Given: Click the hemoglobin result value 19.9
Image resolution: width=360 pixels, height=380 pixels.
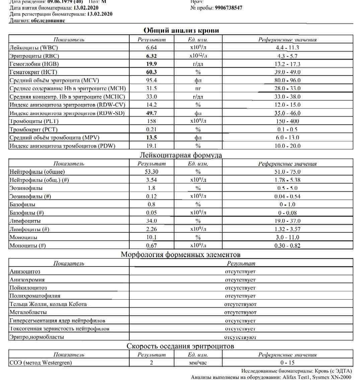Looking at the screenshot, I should (x=151, y=64).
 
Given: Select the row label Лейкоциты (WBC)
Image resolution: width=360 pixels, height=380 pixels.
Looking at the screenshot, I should (x=31, y=48).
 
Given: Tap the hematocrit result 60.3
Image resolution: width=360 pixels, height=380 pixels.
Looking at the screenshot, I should (x=151, y=72).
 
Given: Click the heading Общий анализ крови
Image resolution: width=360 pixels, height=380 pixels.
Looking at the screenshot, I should (x=181, y=30).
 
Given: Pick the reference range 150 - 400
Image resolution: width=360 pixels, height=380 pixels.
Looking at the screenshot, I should (x=288, y=121).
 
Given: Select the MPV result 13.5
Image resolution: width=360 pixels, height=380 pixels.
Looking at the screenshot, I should (x=151, y=137).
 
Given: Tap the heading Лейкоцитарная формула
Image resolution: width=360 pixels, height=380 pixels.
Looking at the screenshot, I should (x=181, y=155).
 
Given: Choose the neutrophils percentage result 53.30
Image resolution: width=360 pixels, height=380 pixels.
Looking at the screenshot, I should (x=151, y=172).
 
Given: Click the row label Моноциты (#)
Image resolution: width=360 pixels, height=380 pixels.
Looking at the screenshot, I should (x=27, y=246).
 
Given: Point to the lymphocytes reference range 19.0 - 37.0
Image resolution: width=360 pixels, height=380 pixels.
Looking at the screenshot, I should (x=288, y=221).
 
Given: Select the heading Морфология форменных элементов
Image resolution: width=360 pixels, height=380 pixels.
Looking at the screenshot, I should (x=181, y=255).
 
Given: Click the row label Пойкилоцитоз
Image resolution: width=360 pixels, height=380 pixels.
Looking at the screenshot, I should (x=28, y=288).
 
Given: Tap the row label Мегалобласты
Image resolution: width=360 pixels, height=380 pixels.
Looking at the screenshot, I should (x=28, y=312).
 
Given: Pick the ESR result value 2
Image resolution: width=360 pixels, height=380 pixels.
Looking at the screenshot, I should (x=151, y=363).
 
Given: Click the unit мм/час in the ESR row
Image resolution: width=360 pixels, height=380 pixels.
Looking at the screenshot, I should (x=198, y=363).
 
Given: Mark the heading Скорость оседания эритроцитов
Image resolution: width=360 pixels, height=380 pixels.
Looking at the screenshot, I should (x=181, y=346).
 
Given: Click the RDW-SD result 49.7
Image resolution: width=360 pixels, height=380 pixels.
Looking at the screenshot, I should (x=151, y=113).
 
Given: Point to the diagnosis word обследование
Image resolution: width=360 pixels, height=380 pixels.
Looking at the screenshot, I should (x=48, y=20).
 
